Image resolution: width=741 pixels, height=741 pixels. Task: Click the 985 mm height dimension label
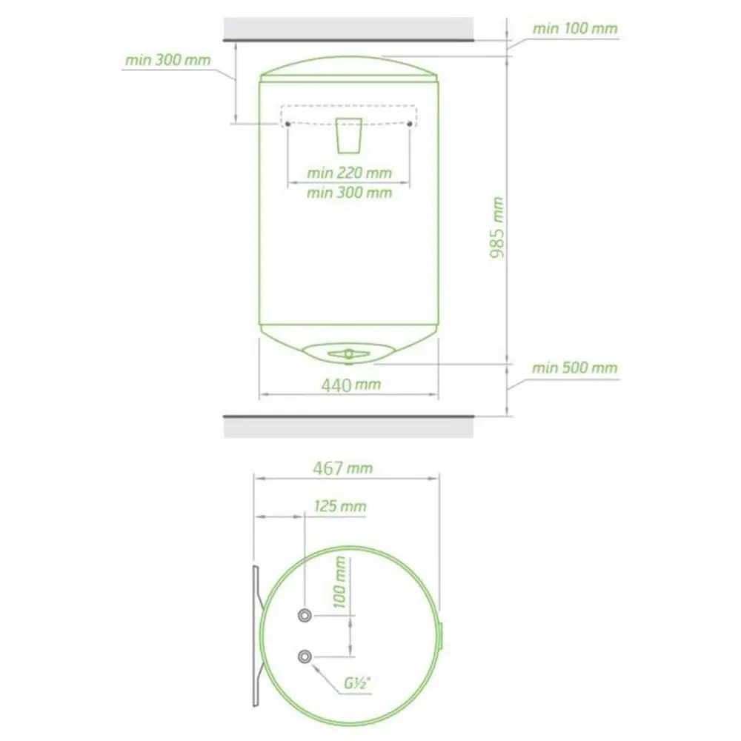[x=496, y=227]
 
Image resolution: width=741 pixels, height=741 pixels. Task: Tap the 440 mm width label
[x=351, y=385]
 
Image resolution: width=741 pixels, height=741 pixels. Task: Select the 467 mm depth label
[x=343, y=468]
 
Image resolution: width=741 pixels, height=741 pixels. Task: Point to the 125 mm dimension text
[x=340, y=506]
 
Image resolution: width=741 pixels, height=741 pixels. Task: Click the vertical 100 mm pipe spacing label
[x=340, y=582]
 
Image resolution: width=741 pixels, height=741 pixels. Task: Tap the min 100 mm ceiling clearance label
[x=575, y=29]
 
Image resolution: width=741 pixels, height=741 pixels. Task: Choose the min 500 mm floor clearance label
[x=575, y=368]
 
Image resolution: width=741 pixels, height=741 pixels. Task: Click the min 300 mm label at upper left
[x=167, y=60]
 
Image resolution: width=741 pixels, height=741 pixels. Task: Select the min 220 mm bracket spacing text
[x=350, y=173]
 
